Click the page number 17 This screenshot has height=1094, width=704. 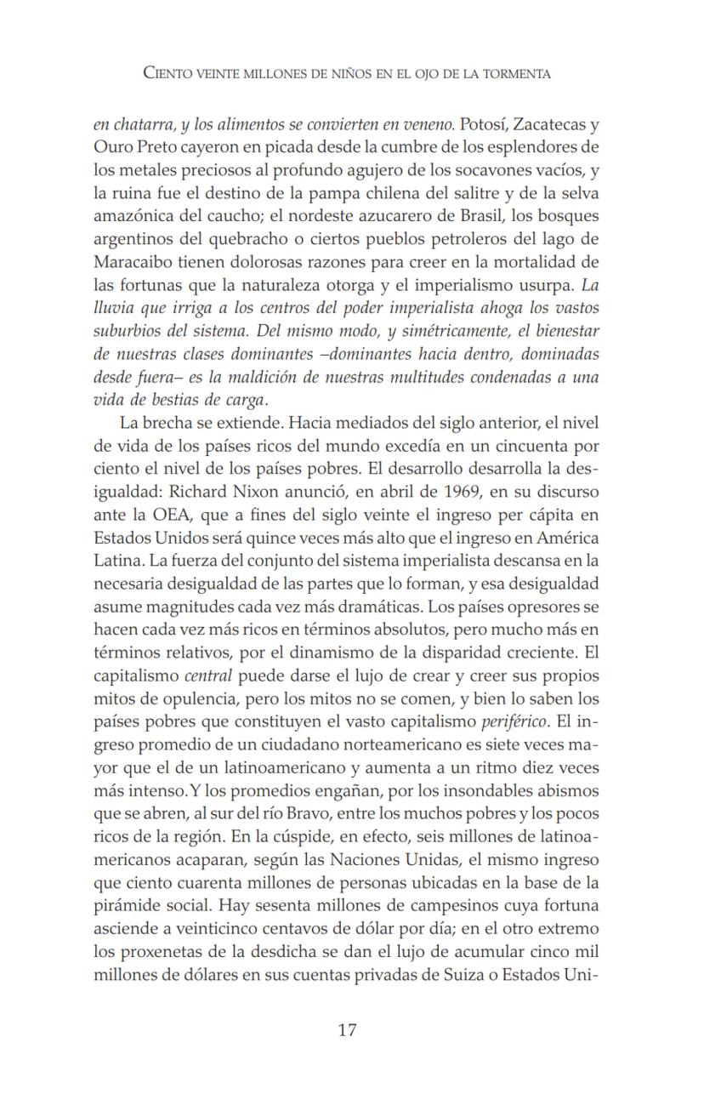point(347,1030)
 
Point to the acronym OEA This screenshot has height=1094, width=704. point(176,514)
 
